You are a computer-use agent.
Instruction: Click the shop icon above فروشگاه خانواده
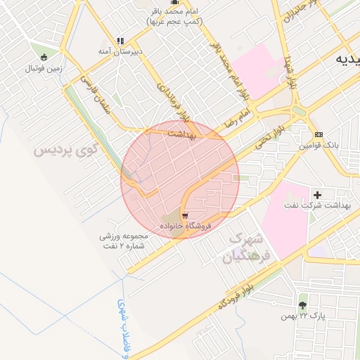click(184, 215)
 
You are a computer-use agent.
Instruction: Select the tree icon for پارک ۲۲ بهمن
click(302, 305)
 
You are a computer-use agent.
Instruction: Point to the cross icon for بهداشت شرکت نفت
click(318, 194)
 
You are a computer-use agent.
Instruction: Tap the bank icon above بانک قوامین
click(319, 134)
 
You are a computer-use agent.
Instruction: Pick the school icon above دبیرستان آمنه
click(120, 41)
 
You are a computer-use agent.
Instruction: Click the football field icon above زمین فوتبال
click(44, 57)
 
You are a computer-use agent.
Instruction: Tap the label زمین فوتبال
click(44, 68)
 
